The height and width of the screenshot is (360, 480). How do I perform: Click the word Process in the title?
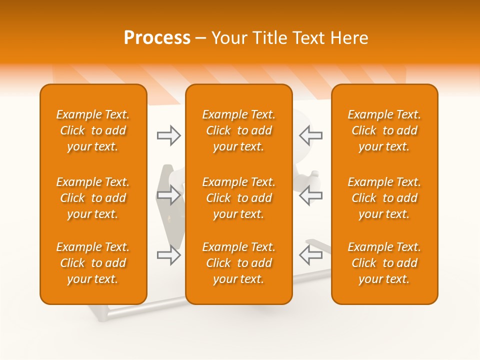pyautogui.click(x=157, y=38)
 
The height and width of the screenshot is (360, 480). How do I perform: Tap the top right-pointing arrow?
pyautogui.click(x=169, y=135)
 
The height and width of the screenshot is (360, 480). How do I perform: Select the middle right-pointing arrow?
pyautogui.click(x=169, y=195)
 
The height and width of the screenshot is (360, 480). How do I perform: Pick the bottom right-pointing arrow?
pyautogui.click(x=169, y=255)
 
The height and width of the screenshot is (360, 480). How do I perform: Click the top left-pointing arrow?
pyautogui.click(x=310, y=135)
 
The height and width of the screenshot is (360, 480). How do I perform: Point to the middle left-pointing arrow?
pyautogui.click(x=310, y=195)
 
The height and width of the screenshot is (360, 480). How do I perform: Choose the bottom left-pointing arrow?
pyautogui.click(x=310, y=255)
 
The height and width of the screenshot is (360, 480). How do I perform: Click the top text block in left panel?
pyautogui.click(x=93, y=130)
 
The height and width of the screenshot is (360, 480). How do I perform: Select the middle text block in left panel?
pyautogui.click(x=93, y=198)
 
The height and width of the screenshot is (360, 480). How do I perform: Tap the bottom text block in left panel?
pyautogui.click(x=93, y=263)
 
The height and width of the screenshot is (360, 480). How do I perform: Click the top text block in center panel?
pyautogui.click(x=238, y=130)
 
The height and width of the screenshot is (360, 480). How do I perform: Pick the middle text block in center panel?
pyautogui.click(x=238, y=198)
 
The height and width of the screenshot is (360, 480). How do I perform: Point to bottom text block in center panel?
pyautogui.click(x=238, y=263)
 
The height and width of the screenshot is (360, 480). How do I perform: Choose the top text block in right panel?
pyautogui.click(x=384, y=130)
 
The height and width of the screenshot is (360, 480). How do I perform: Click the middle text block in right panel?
pyautogui.click(x=384, y=198)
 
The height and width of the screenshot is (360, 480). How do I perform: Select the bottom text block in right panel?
pyautogui.click(x=384, y=263)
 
